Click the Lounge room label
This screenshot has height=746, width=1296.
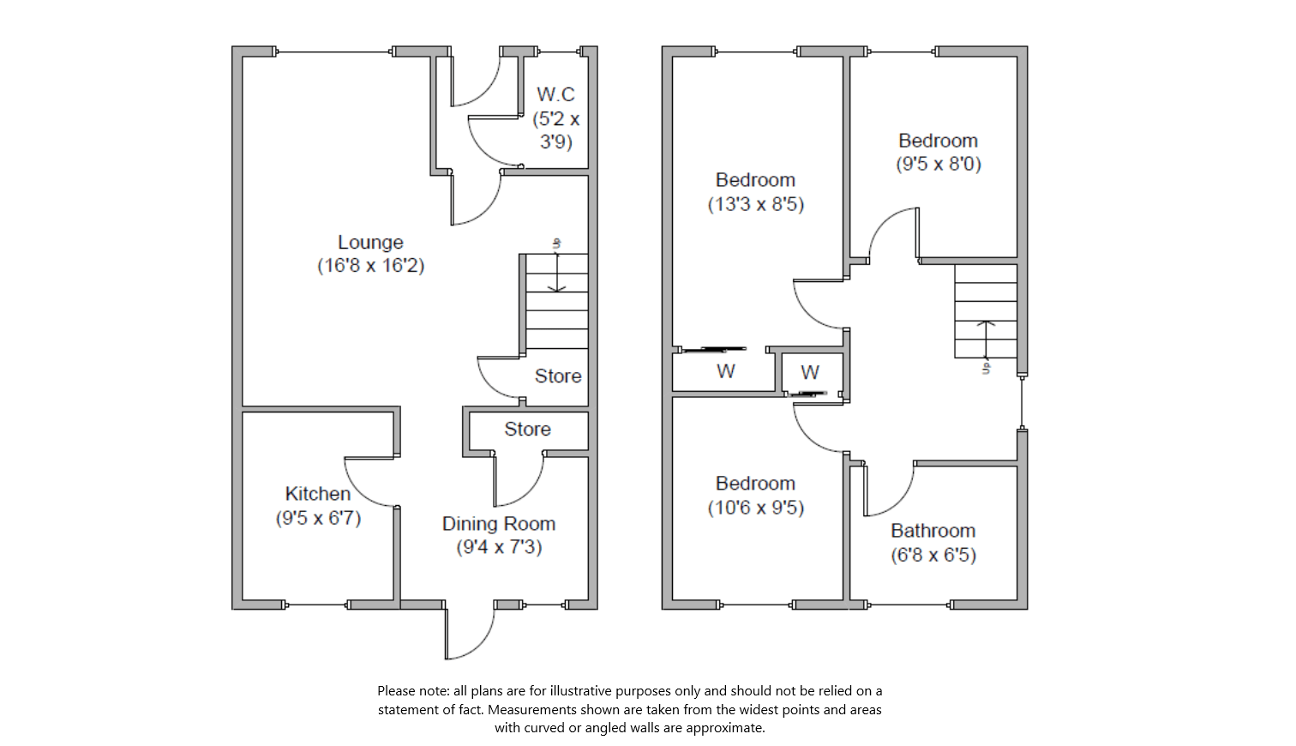pyautogui.click(x=370, y=243)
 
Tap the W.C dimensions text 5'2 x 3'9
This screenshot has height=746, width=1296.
pyautogui.click(x=556, y=130)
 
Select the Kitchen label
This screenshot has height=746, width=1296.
pyautogui.click(x=318, y=494)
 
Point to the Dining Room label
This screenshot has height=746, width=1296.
pyautogui.click(x=499, y=524)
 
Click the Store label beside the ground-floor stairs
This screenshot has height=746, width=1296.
pyautogui.click(x=558, y=376)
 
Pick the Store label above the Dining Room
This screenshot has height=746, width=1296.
pyautogui.click(x=527, y=430)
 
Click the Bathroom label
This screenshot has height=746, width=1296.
pyautogui.click(x=933, y=531)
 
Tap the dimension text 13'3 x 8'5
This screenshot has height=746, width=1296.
pyautogui.click(x=756, y=204)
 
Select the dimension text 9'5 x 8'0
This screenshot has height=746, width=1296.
pyautogui.click(x=939, y=164)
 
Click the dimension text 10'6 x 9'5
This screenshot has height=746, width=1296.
pyautogui.click(x=756, y=508)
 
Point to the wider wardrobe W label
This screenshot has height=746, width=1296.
pyautogui.click(x=726, y=371)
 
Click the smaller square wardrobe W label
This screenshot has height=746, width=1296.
pyautogui.click(x=810, y=372)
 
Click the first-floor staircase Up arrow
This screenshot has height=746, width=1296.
pyautogui.click(x=986, y=339)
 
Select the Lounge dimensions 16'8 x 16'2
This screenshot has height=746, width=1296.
pyautogui.click(x=370, y=266)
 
